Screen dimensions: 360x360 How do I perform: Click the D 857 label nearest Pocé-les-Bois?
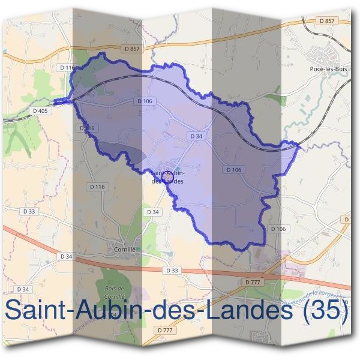[327, 20]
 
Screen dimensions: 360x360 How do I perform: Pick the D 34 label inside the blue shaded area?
[196, 136]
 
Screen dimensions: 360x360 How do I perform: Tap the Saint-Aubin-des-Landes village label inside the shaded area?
[167, 176]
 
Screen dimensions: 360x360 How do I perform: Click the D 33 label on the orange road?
[171, 271]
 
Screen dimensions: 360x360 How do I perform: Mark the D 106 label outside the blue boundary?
[277, 229]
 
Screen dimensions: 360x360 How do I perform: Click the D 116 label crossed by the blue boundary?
[87, 128]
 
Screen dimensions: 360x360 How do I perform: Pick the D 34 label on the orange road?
[66, 256]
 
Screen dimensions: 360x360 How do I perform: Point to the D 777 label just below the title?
[164, 330]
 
